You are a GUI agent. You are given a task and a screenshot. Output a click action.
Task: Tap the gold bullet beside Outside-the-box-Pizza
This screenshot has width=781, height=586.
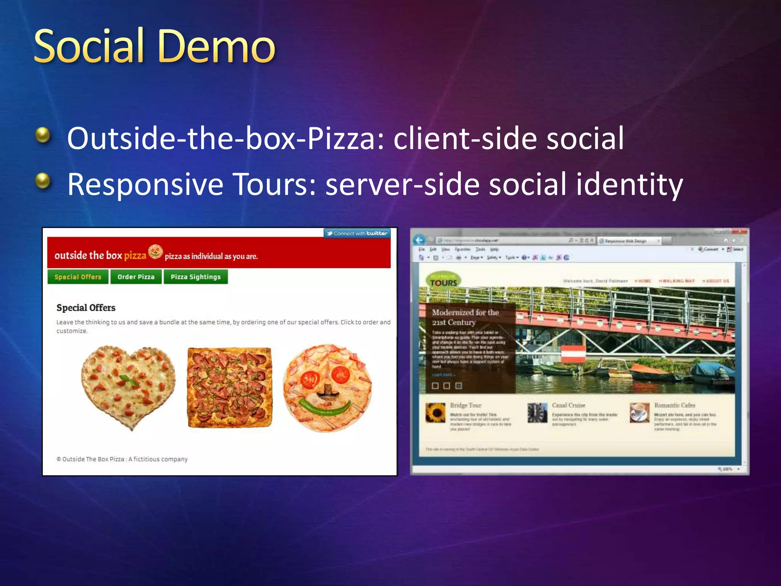coord(43,135)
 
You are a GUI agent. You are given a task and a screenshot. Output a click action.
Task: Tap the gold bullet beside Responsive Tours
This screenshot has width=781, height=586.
coord(43,180)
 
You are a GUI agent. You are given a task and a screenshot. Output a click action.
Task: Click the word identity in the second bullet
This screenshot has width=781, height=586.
coord(629,185)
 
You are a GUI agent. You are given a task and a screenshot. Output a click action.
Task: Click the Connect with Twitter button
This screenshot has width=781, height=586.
coord(357,233)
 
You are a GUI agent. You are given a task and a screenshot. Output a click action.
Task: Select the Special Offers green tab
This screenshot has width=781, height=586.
coord(78,277)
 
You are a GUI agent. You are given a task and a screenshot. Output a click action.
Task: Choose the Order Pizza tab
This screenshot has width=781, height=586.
coord(136,277)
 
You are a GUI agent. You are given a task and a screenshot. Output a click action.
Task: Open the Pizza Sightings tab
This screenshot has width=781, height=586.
coord(196,277)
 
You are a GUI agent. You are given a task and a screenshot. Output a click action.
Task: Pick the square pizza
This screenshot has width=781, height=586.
coord(230,387)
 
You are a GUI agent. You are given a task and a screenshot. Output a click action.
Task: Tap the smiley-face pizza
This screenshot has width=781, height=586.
coord(327,388)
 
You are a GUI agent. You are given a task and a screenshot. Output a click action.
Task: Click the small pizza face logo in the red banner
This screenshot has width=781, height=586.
coord(155,252)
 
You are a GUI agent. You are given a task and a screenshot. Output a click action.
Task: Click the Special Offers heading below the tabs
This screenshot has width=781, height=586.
coord(86,307)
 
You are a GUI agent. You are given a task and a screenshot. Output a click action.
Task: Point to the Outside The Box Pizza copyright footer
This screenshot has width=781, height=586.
coord(122,459)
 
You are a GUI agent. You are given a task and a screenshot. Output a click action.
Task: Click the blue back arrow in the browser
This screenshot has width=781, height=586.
coord(419,240)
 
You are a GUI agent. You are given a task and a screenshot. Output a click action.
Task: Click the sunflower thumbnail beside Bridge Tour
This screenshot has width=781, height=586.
coord(435,413)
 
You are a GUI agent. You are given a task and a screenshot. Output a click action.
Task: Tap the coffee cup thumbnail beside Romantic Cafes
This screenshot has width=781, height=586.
coord(639,413)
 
